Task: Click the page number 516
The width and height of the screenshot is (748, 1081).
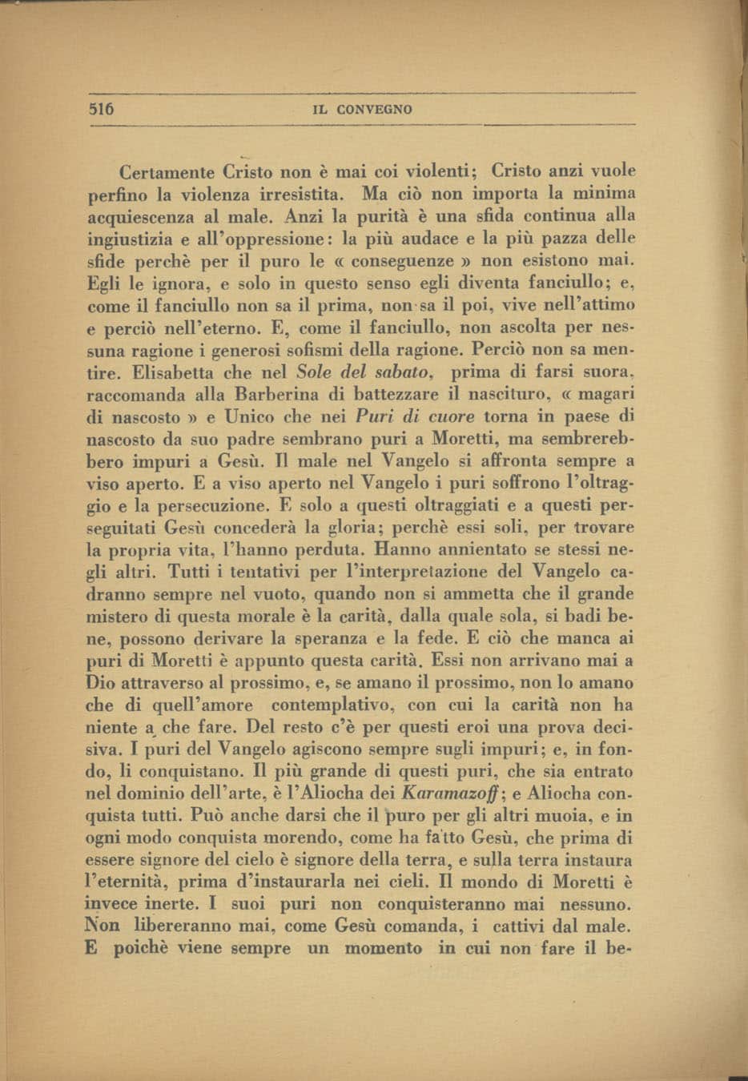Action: (103, 109)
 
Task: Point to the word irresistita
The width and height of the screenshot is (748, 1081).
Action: (299, 194)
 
